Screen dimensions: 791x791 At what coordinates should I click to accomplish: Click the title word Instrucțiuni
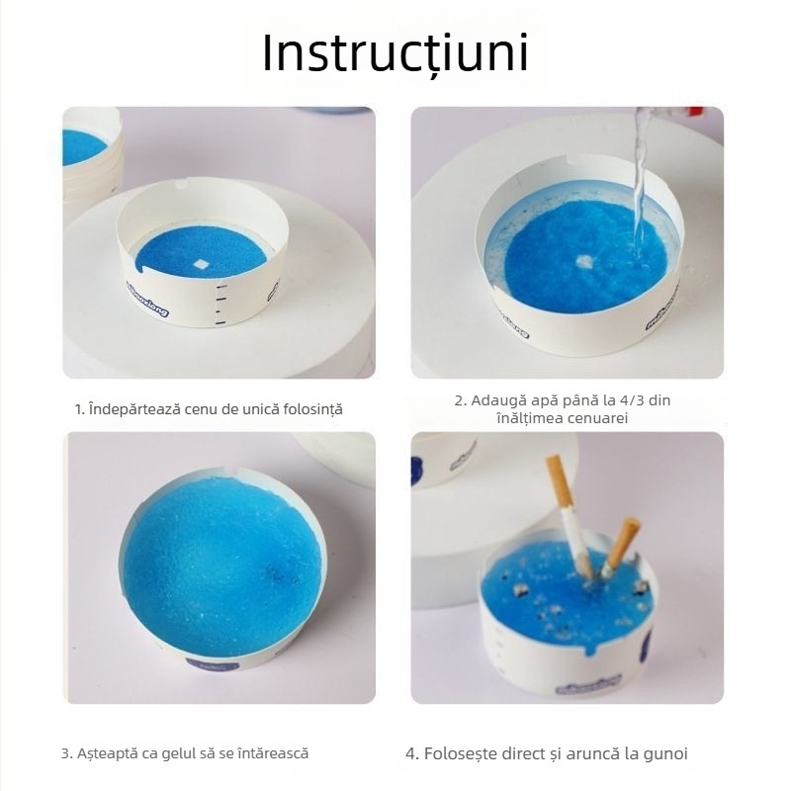click(395, 53)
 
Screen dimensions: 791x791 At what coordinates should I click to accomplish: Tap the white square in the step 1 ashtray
click(201, 264)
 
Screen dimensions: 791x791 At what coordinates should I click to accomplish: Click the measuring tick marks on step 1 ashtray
click(220, 305)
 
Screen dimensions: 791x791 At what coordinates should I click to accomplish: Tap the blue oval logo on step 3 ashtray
click(213, 664)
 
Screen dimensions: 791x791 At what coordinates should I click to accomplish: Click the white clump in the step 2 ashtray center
click(583, 261)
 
